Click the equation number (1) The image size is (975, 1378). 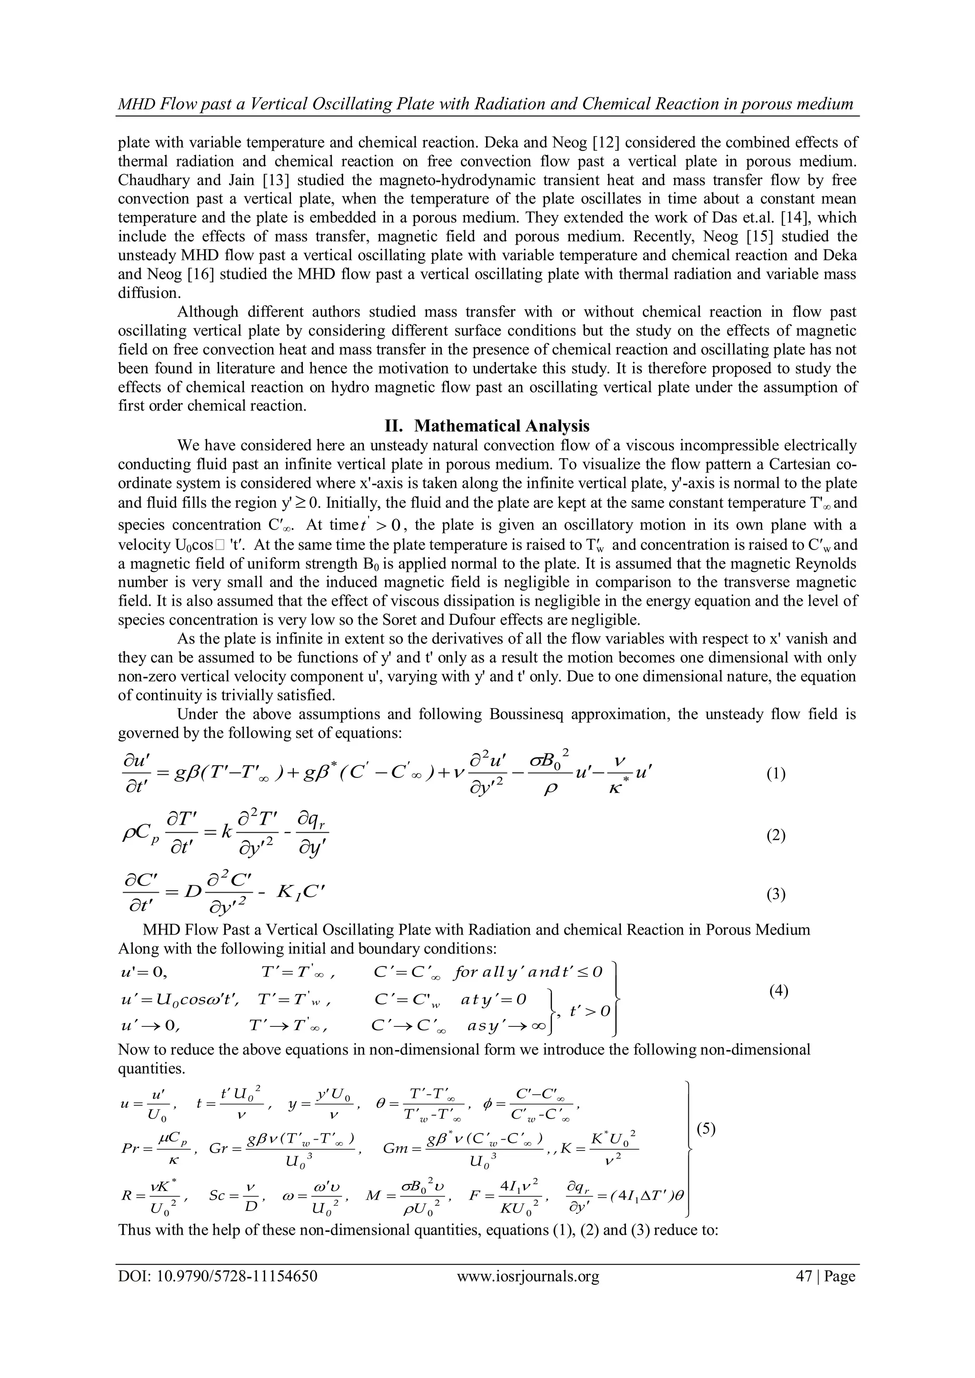(776, 774)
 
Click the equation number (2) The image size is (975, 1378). (776, 835)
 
